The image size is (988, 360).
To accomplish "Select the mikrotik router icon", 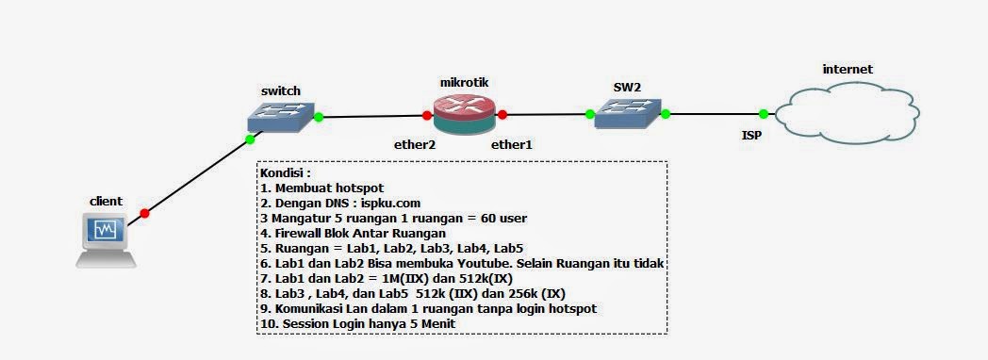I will [x=464, y=115].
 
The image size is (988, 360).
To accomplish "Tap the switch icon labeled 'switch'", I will [x=282, y=117].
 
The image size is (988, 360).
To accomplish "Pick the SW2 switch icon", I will [x=627, y=114].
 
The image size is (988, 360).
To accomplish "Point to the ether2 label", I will [x=414, y=145].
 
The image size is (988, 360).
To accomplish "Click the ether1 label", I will [x=512, y=145].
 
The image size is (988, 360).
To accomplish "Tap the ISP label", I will [x=750, y=135].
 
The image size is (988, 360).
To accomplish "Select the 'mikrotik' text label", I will [x=464, y=83].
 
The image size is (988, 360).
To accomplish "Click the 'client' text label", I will [x=107, y=202].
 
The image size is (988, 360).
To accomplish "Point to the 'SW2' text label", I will [x=627, y=88].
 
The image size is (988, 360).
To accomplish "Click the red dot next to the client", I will [x=144, y=213].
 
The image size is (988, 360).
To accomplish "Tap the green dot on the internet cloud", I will [x=763, y=114].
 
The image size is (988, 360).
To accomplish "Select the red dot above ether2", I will [x=427, y=116].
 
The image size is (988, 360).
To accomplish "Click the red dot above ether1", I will [x=502, y=115].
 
